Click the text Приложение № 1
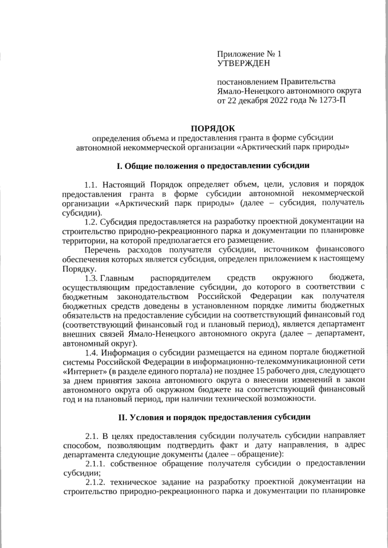click(x=249, y=53)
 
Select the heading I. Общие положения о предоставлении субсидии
click(x=213, y=165)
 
